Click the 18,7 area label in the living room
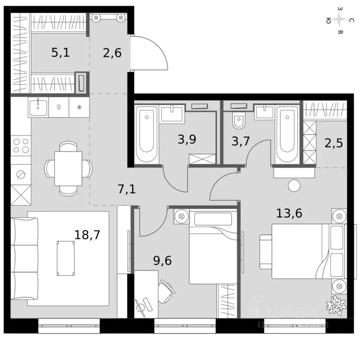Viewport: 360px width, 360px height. click(87, 234)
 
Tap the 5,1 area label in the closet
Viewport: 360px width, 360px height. click(60, 52)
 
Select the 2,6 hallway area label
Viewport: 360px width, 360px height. click(112, 52)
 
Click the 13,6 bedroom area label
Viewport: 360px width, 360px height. click(289, 213)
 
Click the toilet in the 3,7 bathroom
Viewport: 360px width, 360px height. click(239, 121)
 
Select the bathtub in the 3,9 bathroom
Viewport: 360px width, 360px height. click(146, 135)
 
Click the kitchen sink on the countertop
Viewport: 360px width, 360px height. click(38, 107)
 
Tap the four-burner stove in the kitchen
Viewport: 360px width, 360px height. click(21, 145)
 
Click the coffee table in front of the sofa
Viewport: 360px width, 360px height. click(66, 258)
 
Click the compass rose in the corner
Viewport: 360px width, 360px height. click(340, 20)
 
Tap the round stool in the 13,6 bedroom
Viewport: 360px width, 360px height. click(294, 185)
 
